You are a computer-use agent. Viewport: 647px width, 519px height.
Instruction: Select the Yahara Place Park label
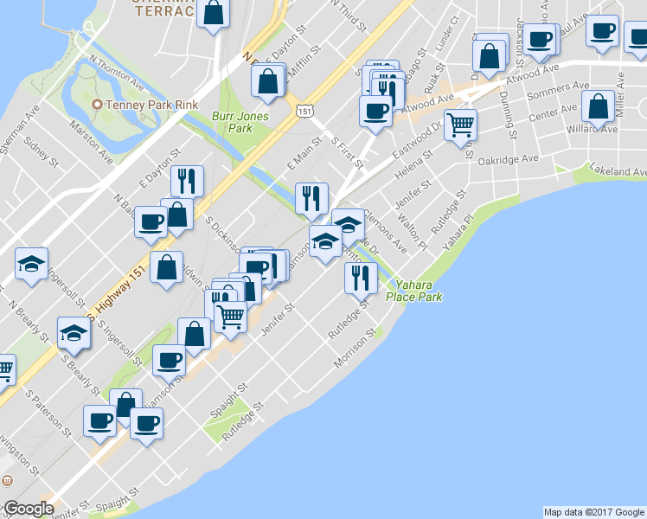pyautogui.click(x=419, y=291)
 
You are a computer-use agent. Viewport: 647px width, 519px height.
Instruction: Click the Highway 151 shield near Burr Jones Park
pyautogui.click(x=304, y=111)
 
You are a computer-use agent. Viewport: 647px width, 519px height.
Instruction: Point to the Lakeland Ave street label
pyautogui.click(x=618, y=171)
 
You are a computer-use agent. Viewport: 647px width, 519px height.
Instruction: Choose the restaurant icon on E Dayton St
pyautogui.click(x=187, y=180)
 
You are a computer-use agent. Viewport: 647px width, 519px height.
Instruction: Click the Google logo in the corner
pyautogui.click(x=29, y=509)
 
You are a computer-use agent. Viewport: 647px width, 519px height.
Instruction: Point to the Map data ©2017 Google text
pyautogui.click(x=593, y=512)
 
